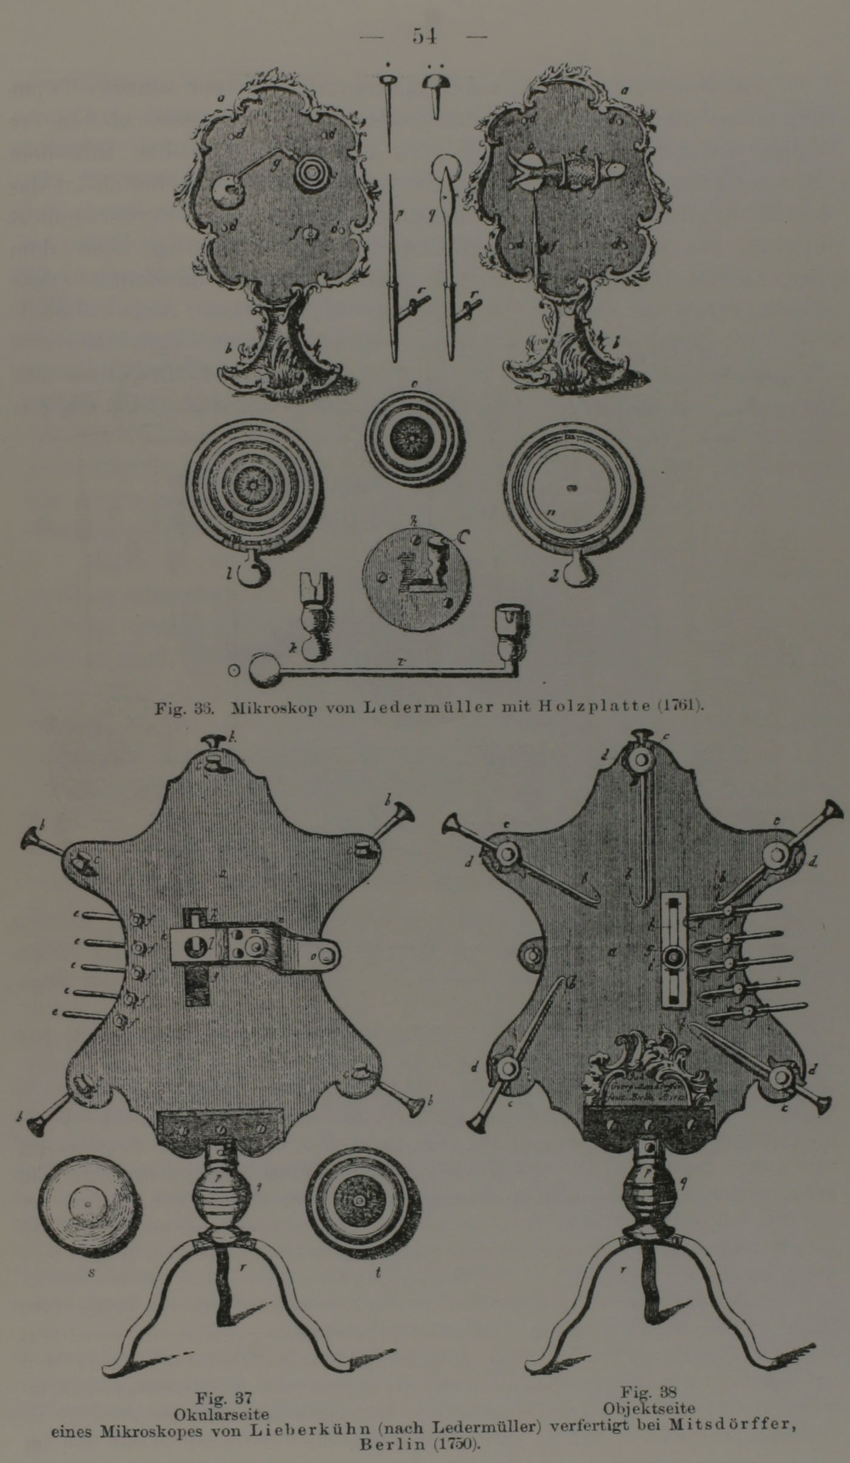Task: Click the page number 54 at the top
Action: (x=425, y=36)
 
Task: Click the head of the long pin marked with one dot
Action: (x=387, y=80)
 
